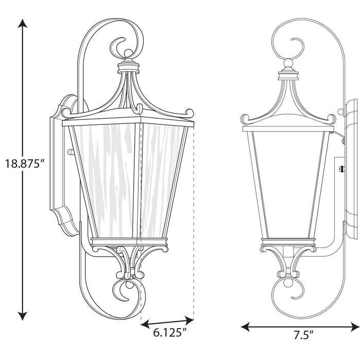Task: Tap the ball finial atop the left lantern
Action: tap(127, 54)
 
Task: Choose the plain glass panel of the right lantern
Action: tap(288, 180)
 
